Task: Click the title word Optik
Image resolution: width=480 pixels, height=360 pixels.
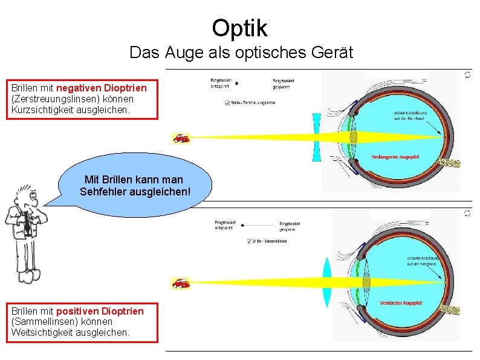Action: point(239,27)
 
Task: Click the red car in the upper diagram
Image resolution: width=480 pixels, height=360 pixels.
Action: point(181,138)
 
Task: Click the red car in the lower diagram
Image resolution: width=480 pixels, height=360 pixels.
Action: point(181,283)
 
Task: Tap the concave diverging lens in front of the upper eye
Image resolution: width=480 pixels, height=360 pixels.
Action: point(316,137)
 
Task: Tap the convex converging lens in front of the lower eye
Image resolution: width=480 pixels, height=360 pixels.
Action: point(327,283)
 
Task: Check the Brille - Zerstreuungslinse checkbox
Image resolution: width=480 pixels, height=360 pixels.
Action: point(227,102)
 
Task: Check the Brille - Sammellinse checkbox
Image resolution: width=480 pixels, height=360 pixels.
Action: point(250,241)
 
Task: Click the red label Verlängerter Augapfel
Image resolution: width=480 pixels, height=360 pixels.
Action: point(395,157)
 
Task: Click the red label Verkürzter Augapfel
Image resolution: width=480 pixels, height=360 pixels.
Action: point(400,303)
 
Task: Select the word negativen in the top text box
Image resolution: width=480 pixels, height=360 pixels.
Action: point(78,88)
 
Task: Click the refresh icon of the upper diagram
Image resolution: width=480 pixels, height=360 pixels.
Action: point(467,74)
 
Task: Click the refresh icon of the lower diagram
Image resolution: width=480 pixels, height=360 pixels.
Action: point(467,213)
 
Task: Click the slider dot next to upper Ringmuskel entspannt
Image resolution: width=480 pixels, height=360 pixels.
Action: point(237,83)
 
